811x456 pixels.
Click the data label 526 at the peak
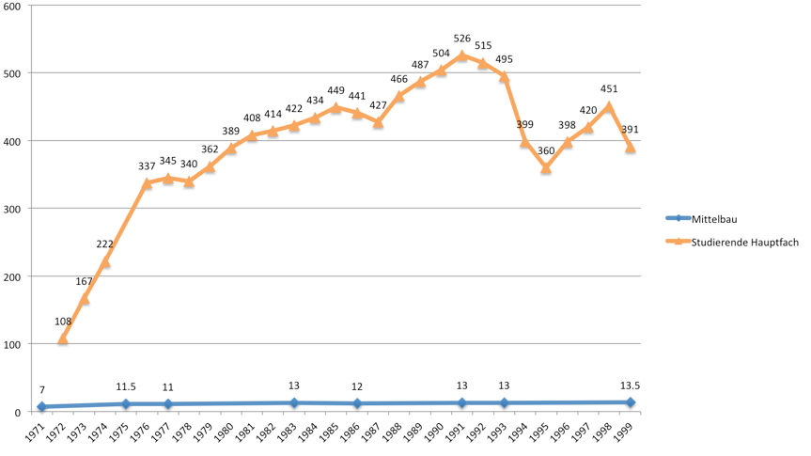click(x=462, y=39)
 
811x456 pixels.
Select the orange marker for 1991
click(x=462, y=55)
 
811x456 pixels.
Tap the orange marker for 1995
click(x=546, y=168)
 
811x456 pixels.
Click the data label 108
click(x=63, y=322)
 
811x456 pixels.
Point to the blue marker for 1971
click(x=41, y=407)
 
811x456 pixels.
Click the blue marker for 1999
click(x=631, y=402)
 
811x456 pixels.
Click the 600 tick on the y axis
click(x=16, y=6)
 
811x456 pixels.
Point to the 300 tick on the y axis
click(x=16, y=209)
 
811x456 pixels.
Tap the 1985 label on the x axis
click(x=333, y=432)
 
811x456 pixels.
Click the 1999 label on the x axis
click(x=627, y=432)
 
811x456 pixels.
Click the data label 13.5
click(x=631, y=385)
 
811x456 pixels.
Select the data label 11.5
click(x=126, y=386)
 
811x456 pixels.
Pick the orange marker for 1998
click(x=609, y=106)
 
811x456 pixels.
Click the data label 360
click(x=546, y=151)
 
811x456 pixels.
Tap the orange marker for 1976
click(x=147, y=184)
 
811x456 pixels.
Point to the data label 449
click(x=335, y=91)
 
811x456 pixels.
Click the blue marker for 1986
click(x=357, y=403)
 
